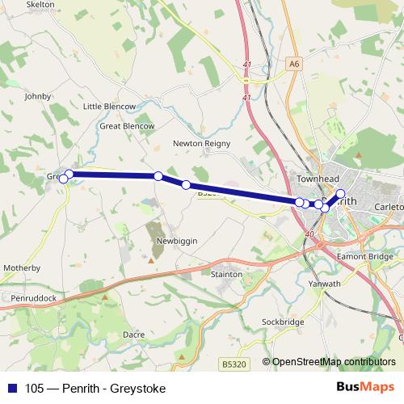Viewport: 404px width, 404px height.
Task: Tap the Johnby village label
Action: pyautogui.click(x=38, y=96)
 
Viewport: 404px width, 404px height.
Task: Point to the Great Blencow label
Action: pyautogui.click(x=126, y=126)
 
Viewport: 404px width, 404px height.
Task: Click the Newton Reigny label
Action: pyautogui.click(x=201, y=144)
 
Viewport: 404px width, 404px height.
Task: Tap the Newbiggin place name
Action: pyautogui.click(x=178, y=242)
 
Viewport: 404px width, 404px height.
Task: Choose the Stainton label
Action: pyautogui.click(x=225, y=275)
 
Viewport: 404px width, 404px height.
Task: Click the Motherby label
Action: pyautogui.click(x=22, y=267)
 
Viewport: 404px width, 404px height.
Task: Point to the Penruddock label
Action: pyautogui.click(x=34, y=298)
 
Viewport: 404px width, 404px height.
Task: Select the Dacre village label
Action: pyautogui.click(x=133, y=333)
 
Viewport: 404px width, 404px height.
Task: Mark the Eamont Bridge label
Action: pyautogui.click(x=367, y=256)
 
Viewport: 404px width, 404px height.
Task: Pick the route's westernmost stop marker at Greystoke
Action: pyautogui.click(x=63, y=179)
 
